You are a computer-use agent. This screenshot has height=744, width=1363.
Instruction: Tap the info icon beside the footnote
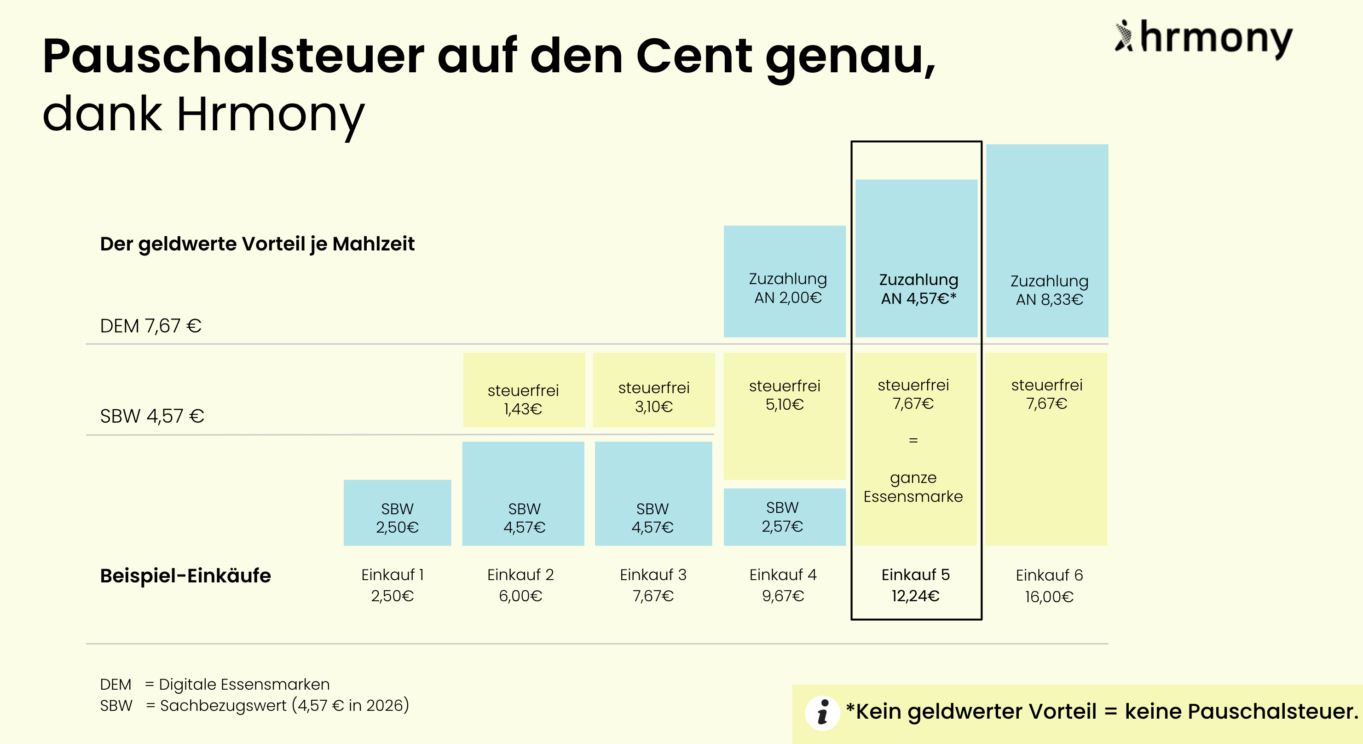click(822, 713)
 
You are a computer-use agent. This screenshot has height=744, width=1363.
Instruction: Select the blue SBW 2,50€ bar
click(398, 512)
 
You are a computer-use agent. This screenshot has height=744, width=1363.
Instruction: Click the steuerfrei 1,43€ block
click(523, 390)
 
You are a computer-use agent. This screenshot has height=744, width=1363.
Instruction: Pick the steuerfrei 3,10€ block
click(653, 390)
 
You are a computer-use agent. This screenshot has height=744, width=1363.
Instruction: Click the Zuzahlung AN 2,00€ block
click(784, 282)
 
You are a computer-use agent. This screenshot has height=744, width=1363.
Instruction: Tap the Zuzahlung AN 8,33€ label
click(1049, 290)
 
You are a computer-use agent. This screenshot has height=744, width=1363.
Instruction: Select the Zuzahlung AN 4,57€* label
click(918, 289)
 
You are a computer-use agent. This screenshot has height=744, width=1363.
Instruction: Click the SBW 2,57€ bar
click(784, 517)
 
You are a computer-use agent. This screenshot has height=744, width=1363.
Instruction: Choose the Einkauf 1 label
click(392, 575)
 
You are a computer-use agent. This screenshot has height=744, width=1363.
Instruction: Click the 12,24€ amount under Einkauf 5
click(915, 596)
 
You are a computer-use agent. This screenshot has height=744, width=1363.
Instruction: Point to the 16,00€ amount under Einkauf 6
click(1049, 597)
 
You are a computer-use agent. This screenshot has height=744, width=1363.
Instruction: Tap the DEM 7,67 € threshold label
click(151, 325)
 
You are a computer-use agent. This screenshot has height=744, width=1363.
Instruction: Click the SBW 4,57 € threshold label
click(152, 416)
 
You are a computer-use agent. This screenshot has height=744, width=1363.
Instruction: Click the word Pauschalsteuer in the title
click(233, 56)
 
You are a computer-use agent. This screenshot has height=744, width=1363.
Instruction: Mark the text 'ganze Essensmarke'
click(913, 487)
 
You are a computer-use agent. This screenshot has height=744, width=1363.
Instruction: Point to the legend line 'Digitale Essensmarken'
click(244, 684)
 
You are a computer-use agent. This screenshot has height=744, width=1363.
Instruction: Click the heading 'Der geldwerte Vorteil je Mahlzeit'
click(257, 244)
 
